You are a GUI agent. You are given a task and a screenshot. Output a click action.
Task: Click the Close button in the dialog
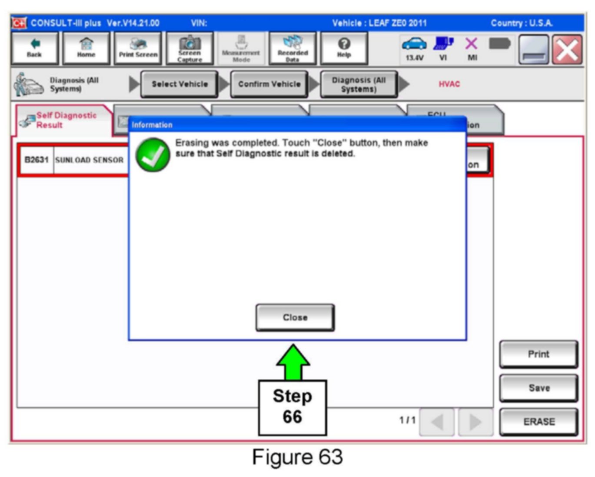pyautogui.click(x=295, y=317)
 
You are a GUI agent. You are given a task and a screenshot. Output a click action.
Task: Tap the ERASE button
pyautogui.click(x=538, y=421)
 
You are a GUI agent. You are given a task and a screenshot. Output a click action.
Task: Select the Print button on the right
pyautogui.click(x=538, y=354)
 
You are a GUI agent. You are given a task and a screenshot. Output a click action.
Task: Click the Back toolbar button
pyautogui.click(x=34, y=48)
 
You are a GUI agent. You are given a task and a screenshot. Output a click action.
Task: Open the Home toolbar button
pyautogui.click(x=86, y=48)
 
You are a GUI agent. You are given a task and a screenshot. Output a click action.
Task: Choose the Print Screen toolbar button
pyautogui.click(x=138, y=48)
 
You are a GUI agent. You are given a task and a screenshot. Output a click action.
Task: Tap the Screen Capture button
pyautogui.click(x=189, y=48)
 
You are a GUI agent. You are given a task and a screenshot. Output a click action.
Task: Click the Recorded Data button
pyautogui.click(x=293, y=48)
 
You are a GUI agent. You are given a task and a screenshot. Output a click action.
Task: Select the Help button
pyautogui.click(x=344, y=48)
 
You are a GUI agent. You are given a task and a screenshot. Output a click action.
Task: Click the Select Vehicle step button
pyautogui.click(x=179, y=84)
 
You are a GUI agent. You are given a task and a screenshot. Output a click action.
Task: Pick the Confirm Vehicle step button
pyautogui.click(x=269, y=84)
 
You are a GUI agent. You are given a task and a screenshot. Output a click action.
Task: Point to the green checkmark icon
pyautogui.click(x=153, y=155)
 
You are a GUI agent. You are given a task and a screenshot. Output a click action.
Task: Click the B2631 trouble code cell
pyautogui.click(x=37, y=160)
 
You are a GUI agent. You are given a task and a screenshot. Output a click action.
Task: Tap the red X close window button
pyautogui.click(x=567, y=50)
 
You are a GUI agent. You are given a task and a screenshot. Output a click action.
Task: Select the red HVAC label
pyautogui.click(x=449, y=84)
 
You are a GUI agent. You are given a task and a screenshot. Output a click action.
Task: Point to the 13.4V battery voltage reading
pyautogui.click(x=414, y=57)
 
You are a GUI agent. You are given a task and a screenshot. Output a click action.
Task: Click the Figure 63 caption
pyautogui.click(x=297, y=457)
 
